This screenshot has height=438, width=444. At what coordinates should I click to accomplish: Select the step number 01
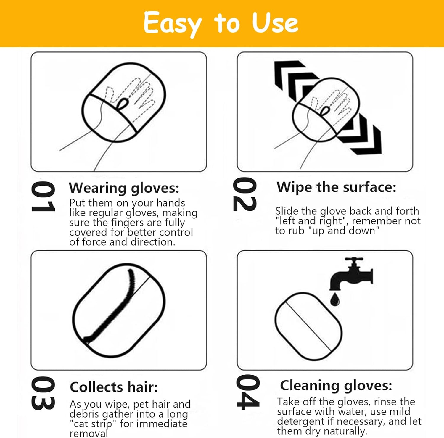(43, 197)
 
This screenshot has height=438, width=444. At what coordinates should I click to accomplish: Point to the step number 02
(245, 194)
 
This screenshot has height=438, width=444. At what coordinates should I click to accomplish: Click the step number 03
(43, 393)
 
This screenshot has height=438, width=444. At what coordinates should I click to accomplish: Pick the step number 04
(248, 392)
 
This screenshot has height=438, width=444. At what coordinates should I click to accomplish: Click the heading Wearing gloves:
(124, 188)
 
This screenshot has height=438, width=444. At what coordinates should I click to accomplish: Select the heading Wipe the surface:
(336, 187)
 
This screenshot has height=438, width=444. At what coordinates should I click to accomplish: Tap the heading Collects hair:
(114, 387)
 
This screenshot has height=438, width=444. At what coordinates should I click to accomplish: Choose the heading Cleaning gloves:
(336, 385)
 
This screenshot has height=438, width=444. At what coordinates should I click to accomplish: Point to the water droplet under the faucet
(335, 299)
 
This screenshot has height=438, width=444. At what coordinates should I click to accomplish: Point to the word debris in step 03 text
(84, 414)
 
